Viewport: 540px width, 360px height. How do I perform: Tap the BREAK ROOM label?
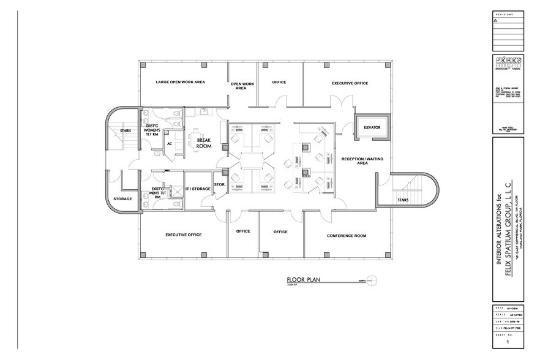coord(203,143)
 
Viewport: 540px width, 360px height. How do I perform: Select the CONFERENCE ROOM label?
coord(346,236)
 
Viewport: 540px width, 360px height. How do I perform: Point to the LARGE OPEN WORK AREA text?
coord(180,81)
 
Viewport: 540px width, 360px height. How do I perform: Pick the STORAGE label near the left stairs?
coord(122,198)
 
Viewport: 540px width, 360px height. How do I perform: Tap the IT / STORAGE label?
coord(197,189)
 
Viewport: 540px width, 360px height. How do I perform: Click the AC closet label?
coord(170,144)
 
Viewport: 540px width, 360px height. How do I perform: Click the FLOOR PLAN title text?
coord(304,280)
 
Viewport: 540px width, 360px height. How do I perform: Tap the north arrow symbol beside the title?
coord(373,280)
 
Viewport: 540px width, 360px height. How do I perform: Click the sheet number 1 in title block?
coord(507,343)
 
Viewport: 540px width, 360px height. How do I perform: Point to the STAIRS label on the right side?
coord(403,200)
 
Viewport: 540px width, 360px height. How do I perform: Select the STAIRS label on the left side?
coord(125,130)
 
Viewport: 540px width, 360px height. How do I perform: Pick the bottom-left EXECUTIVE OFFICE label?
coord(184,234)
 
